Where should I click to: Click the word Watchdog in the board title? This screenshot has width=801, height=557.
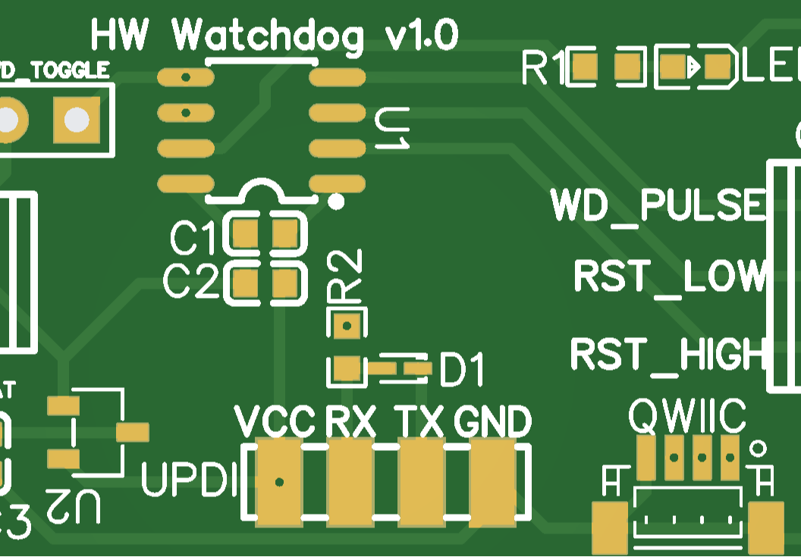268,36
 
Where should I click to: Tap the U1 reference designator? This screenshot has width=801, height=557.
392,128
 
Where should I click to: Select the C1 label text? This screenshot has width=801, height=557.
193,239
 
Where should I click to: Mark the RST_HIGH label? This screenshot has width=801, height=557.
667,354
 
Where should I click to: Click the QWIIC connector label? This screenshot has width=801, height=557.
687,415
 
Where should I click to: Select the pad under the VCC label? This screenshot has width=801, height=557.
279,482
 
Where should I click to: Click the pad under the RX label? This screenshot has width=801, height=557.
350,482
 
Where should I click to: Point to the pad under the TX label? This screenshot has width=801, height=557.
421,482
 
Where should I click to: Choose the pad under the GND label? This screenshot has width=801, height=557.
492,482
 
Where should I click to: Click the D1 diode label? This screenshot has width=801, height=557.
461,371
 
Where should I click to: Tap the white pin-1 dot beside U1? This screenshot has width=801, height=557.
336,202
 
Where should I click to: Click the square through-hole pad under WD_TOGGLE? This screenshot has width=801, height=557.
76,119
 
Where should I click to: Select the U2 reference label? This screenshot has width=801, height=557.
72,505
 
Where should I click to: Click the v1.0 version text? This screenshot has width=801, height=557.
422,36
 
